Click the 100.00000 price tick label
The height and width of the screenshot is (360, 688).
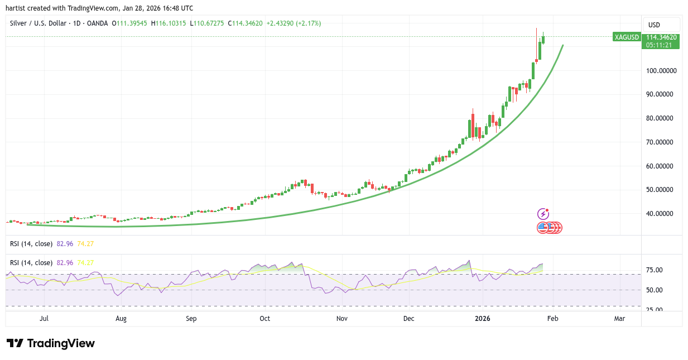click(x=662, y=70)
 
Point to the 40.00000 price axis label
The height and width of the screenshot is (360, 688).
click(x=662, y=213)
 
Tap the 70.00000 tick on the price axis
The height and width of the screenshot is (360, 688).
click(x=662, y=142)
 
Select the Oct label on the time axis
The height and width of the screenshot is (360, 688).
click(x=264, y=319)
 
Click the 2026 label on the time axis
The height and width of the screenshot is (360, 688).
click(x=482, y=319)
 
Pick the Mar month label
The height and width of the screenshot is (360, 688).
click(x=619, y=319)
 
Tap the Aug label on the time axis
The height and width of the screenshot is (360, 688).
click(x=121, y=319)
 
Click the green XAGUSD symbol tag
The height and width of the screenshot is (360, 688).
click(x=626, y=37)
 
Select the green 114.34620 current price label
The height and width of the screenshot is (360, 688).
click(x=661, y=37)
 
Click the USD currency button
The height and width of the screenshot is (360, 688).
click(x=653, y=25)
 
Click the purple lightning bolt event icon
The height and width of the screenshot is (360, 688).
click(x=543, y=214)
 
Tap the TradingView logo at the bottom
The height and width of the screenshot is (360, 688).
click(x=51, y=343)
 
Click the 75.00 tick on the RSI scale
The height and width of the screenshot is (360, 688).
click(x=653, y=270)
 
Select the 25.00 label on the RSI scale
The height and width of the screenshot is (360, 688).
click(x=653, y=310)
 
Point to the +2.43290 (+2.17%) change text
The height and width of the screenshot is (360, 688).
click(x=294, y=23)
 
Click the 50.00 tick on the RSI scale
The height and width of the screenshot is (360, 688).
click(x=653, y=290)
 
